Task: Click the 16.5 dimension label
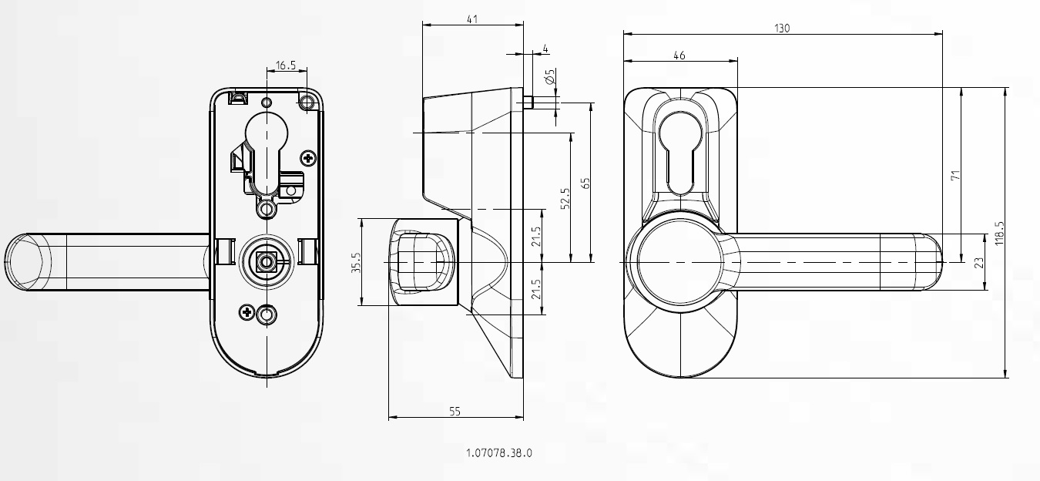[x=286, y=66]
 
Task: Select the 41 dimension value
[x=472, y=19]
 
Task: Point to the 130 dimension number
[x=782, y=29]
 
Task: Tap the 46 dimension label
[x=679, y=55]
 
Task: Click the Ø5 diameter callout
[x=550, y=76]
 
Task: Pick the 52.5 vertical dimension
[x=565, y=198]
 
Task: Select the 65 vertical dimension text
[x=585, y=183]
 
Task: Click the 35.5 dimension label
[x=356, y=263]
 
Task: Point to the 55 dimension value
[x=455, y=412]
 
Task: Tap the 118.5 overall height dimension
[x=1000, y=234]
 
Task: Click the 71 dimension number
[x=955, y=176]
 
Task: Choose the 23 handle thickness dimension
[x=979, y=263]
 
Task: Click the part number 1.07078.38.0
[x=499, y=453]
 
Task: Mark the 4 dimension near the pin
[x=545, y=49]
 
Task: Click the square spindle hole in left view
[x=266, y=262]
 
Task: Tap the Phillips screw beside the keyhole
[x=308, y=159]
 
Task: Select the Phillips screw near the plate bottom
[x=247, y=312]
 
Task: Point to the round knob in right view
[x=679, y=262]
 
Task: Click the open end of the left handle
[x=25, y=262]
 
